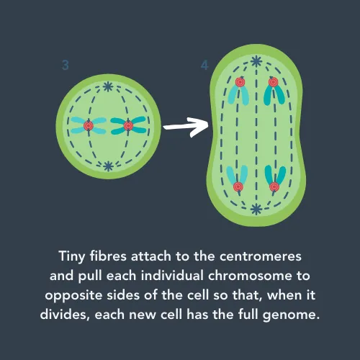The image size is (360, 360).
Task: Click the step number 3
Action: click(66, 65)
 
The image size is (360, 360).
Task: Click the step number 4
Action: click(204, 65)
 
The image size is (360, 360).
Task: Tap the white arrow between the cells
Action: click(186, 127)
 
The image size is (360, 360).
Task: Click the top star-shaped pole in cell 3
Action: click(108, 86)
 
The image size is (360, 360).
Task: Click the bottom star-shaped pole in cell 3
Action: click(108, 166)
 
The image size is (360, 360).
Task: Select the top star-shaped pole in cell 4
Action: click(256, 61)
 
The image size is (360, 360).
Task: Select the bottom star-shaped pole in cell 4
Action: click(256, 210)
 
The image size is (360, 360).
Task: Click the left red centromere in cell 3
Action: click(89, 125)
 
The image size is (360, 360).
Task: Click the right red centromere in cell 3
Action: click(128, 125)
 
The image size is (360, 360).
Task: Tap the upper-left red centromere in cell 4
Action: click(240, 82)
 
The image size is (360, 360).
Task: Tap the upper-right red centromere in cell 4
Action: click(274, 82)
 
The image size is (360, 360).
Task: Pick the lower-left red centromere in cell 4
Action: click(238, 186)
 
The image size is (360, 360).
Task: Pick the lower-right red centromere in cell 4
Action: click(274, 186)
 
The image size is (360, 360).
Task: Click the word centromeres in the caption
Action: click(261, 256)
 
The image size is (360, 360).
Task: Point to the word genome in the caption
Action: click(289, 315)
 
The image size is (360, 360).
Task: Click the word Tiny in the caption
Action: click(72, 257)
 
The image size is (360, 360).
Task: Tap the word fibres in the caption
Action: click(108, 256)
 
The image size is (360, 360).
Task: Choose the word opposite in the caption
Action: click(73, 296)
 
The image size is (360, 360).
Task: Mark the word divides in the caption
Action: click(65, 315)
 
